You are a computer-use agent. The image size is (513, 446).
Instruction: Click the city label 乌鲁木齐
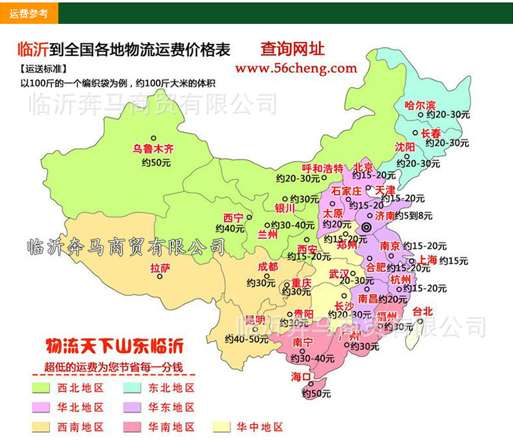[x=154, y=148]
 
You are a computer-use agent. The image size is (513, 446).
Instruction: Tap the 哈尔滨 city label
[x=420, y=105]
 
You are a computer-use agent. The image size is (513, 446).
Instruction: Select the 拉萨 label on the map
[x=160, y=268]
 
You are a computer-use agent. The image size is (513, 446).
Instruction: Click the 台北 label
[x=423, y=311]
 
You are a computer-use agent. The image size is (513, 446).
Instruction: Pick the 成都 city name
[x=269, y=267]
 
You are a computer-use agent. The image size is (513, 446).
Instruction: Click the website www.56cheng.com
[x=295, y=68]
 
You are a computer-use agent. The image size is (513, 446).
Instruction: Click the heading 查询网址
[x=292, y=49]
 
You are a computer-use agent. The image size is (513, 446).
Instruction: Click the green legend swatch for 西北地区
[x=43, y=388]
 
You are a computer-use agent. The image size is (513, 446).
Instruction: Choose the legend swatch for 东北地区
[x=133, y=388]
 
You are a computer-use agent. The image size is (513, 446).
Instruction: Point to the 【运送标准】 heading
[x=43, y=69]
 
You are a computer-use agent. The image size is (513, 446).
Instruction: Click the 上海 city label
[x=428, y=260]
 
